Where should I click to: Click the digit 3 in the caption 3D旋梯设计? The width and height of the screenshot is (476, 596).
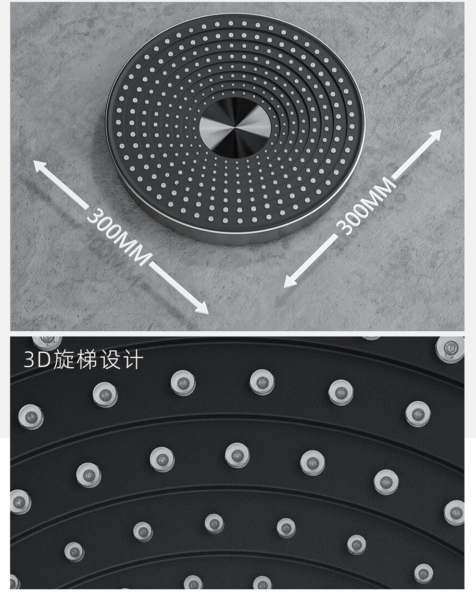pos(30,360)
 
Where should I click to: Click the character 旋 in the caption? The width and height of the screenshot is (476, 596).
pos(63,360)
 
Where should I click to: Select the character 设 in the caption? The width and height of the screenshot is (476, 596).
pos(110,360)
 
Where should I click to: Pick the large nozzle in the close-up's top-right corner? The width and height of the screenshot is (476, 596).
pos(450,348)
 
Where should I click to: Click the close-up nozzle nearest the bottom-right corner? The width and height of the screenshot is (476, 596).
pos(423,573)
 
